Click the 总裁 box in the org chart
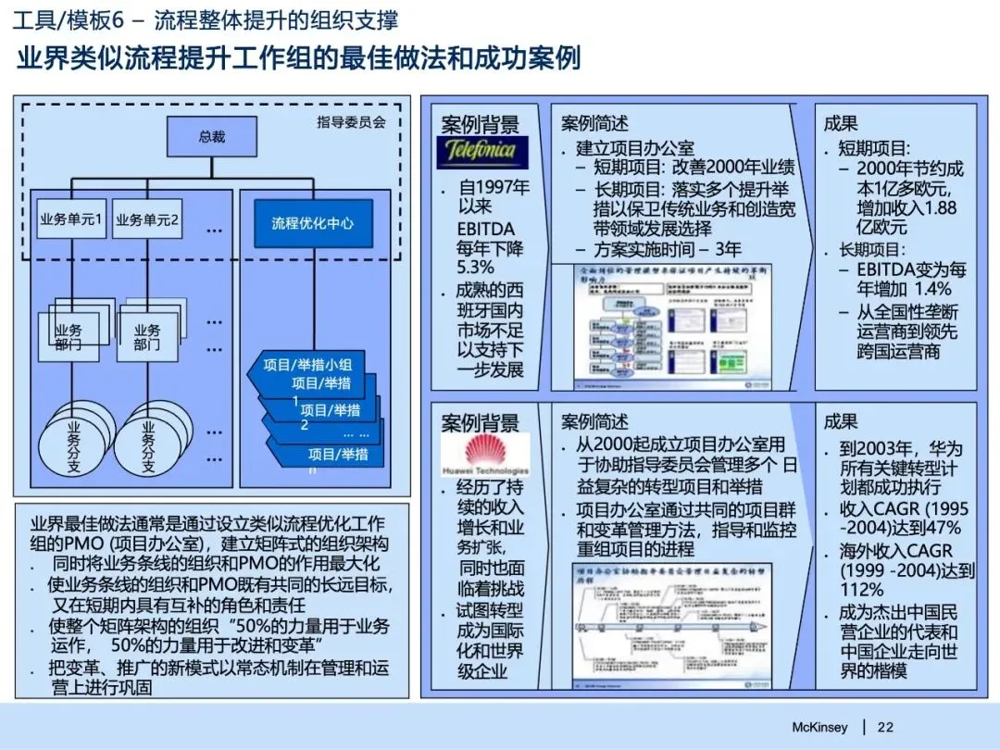coord(211,136)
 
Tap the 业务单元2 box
coord(148,220)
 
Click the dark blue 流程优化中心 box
coord(312,223)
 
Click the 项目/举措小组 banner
coord(313,365)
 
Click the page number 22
coord(885,727)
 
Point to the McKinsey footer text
coord(819,727)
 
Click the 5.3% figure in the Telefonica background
coord(476,268)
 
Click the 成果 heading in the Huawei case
coord(841,422)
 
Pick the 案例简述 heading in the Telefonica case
coord(594,123)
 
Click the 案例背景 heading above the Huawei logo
coord(481,424)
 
